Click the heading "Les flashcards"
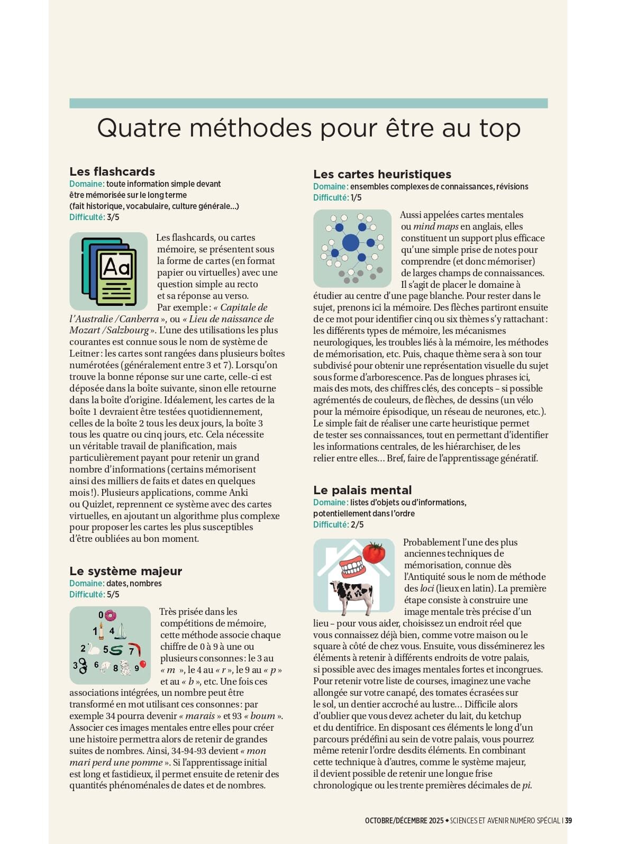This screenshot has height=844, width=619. pyautogui.click(x=112, y=171)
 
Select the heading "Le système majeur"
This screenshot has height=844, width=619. pyautogui.click(x=125, y=571)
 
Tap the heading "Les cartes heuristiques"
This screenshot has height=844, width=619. pyautogui.click(x=382, y=174)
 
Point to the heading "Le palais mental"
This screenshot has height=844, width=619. pyautogui.click(x=362, y=490)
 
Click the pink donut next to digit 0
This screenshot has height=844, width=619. pyautogui.click(x=110, y=615)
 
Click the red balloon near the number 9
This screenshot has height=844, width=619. pyautogui.click(x=142, y=665)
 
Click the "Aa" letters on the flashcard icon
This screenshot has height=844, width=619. pyautogui.click(x=117, y=267)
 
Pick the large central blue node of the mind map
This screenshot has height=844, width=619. pyautogui.click(x=351, y=243)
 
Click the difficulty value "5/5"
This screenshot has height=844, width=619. pyautogui.click(x=113, y=594)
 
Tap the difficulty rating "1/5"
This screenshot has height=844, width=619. pyautogui.click(x=356, y=197)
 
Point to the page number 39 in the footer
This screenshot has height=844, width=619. pyautogui.click(x=568, y=821)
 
